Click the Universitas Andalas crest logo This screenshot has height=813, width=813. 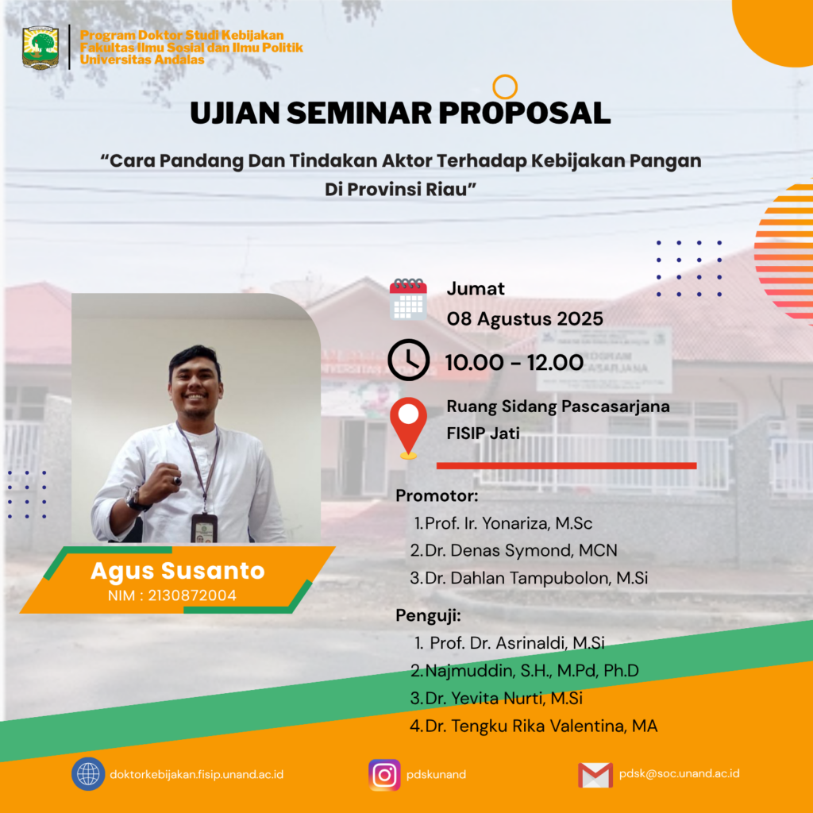point(40,48)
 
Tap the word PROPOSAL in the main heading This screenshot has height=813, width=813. point(524,113)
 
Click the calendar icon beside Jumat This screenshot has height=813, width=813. point(408,299)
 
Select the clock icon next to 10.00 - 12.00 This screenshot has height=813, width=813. point(409,360)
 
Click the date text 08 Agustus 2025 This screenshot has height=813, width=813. point(525,318)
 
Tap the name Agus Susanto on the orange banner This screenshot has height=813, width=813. point(178,570)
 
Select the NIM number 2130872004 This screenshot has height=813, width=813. point(192,595)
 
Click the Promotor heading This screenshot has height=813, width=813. point(437,495)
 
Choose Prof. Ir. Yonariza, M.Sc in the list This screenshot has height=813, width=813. point(509,523)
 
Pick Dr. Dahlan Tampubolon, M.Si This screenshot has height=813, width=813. point(537,578)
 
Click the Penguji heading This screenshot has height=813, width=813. point(428,615)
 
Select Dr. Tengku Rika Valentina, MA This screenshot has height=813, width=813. point(541,726)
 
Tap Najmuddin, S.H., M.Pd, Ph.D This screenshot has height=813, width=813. point(532,670)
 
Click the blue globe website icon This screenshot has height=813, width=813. point(88,774)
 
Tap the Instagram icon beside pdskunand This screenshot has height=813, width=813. point(384,775)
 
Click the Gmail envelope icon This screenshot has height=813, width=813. point(595,775)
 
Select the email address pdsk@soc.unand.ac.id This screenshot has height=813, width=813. point(680,773)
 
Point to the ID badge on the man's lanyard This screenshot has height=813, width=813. point(204,527)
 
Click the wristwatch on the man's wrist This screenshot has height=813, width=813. point(133,499)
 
